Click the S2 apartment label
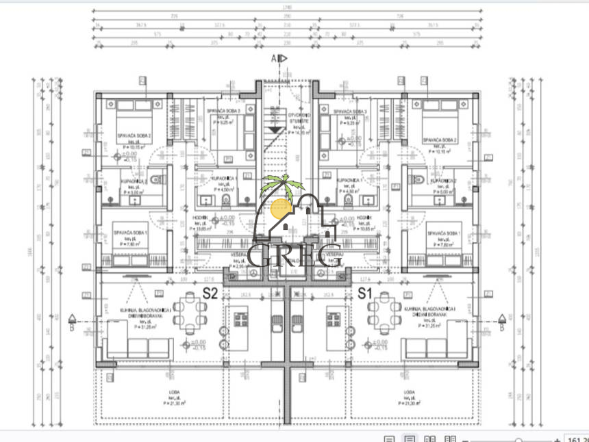point(210,295)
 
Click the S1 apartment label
point(365,295)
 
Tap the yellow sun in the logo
point(281,208)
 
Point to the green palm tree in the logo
point(278,185)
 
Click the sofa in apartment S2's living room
point(139,346)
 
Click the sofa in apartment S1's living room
point(436,346)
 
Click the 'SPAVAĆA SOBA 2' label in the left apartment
point(133,136)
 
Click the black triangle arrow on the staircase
point(274,129)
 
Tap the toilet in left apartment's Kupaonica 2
point(155,179)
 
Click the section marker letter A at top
point(274,59)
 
